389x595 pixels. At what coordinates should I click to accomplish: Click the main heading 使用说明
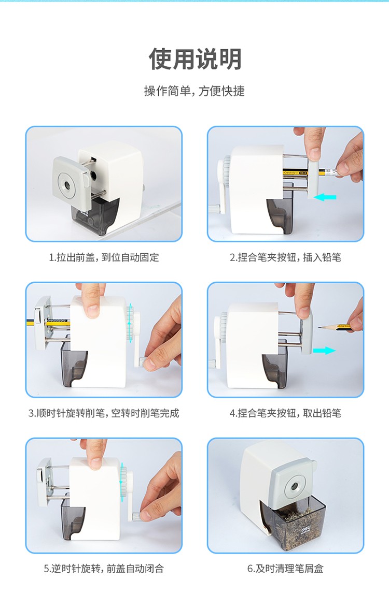(195, 59)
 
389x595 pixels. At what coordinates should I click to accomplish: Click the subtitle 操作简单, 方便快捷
(195, 91)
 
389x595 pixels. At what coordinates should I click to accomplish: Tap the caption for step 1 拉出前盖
(104, 257)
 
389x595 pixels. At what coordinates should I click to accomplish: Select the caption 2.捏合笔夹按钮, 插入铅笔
(285, 257)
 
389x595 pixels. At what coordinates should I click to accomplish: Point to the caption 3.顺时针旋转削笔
(104, 413)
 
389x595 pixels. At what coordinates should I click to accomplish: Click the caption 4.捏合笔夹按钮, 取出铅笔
(285, 413)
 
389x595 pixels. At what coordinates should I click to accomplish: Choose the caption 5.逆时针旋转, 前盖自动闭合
(104, 569)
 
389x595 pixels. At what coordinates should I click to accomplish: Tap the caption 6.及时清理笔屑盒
(285, 569)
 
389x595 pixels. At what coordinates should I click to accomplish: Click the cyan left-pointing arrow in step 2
(325, 197)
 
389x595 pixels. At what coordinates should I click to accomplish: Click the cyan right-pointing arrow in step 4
(324, 351)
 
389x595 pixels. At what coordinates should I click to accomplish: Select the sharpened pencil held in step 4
(337, 326)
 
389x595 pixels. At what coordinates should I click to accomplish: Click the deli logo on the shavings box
(307, 529)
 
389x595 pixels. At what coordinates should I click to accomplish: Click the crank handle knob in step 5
(136, 516)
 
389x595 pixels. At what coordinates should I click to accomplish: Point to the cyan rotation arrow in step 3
(130, 323)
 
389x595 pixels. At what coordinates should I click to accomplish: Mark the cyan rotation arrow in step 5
(122, 479)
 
